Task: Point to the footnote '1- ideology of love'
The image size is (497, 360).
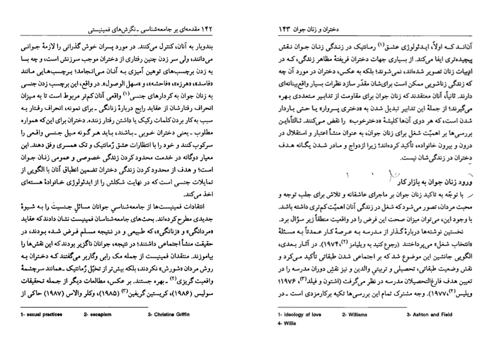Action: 299,315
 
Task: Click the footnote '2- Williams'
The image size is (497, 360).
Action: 355,315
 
